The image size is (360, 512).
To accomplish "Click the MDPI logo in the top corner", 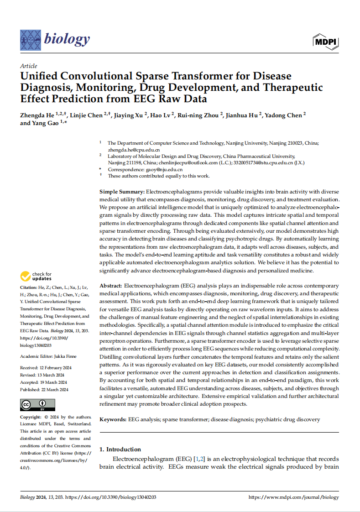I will [x=325, y=42].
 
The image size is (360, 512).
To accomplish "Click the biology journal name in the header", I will [x=67, y=39].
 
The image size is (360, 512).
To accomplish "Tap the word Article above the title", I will [x=29, y=66].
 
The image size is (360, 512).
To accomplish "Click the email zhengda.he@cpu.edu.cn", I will [x=134, y=149].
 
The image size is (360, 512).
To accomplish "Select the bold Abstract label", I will [x=110, y=285].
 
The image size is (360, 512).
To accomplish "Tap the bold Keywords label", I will [x=113, y=419].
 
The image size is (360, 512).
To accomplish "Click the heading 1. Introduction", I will [x=120, y=449].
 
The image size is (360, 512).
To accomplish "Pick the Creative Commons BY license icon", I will [x=37, y=404].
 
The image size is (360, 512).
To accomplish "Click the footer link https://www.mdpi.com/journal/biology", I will [x=293, y=497].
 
